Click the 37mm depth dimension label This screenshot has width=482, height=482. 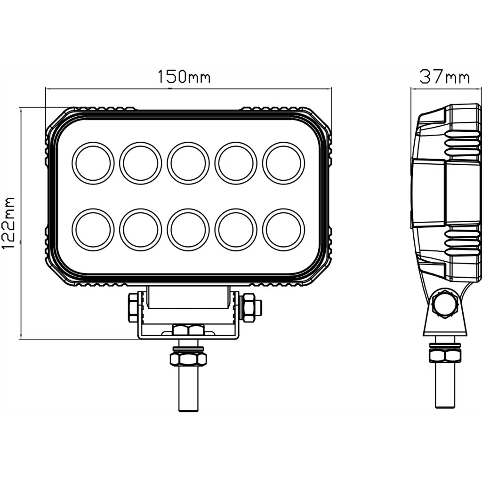(x=444, y=77)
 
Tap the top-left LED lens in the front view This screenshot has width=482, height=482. (x=93, y=162)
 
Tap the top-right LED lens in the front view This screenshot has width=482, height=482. (x=283, y=162)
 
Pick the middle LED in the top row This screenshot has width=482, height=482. (x=188, y=162)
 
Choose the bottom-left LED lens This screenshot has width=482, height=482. (x=93, y=230)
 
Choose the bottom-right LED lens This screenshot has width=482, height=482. (x=283, y=230)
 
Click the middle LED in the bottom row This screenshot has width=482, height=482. (x=188, y=230)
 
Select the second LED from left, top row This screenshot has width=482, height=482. (x=140, y=162)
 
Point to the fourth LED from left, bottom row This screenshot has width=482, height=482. (x=236, y=230)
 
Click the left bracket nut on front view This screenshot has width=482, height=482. (x=132, y=307)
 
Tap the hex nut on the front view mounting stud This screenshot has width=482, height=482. (x=188, y=359)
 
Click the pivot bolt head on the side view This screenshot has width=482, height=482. (x=445, y=305)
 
